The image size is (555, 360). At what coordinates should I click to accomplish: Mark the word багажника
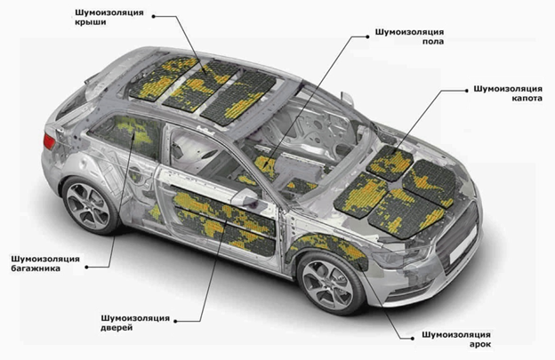36,269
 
